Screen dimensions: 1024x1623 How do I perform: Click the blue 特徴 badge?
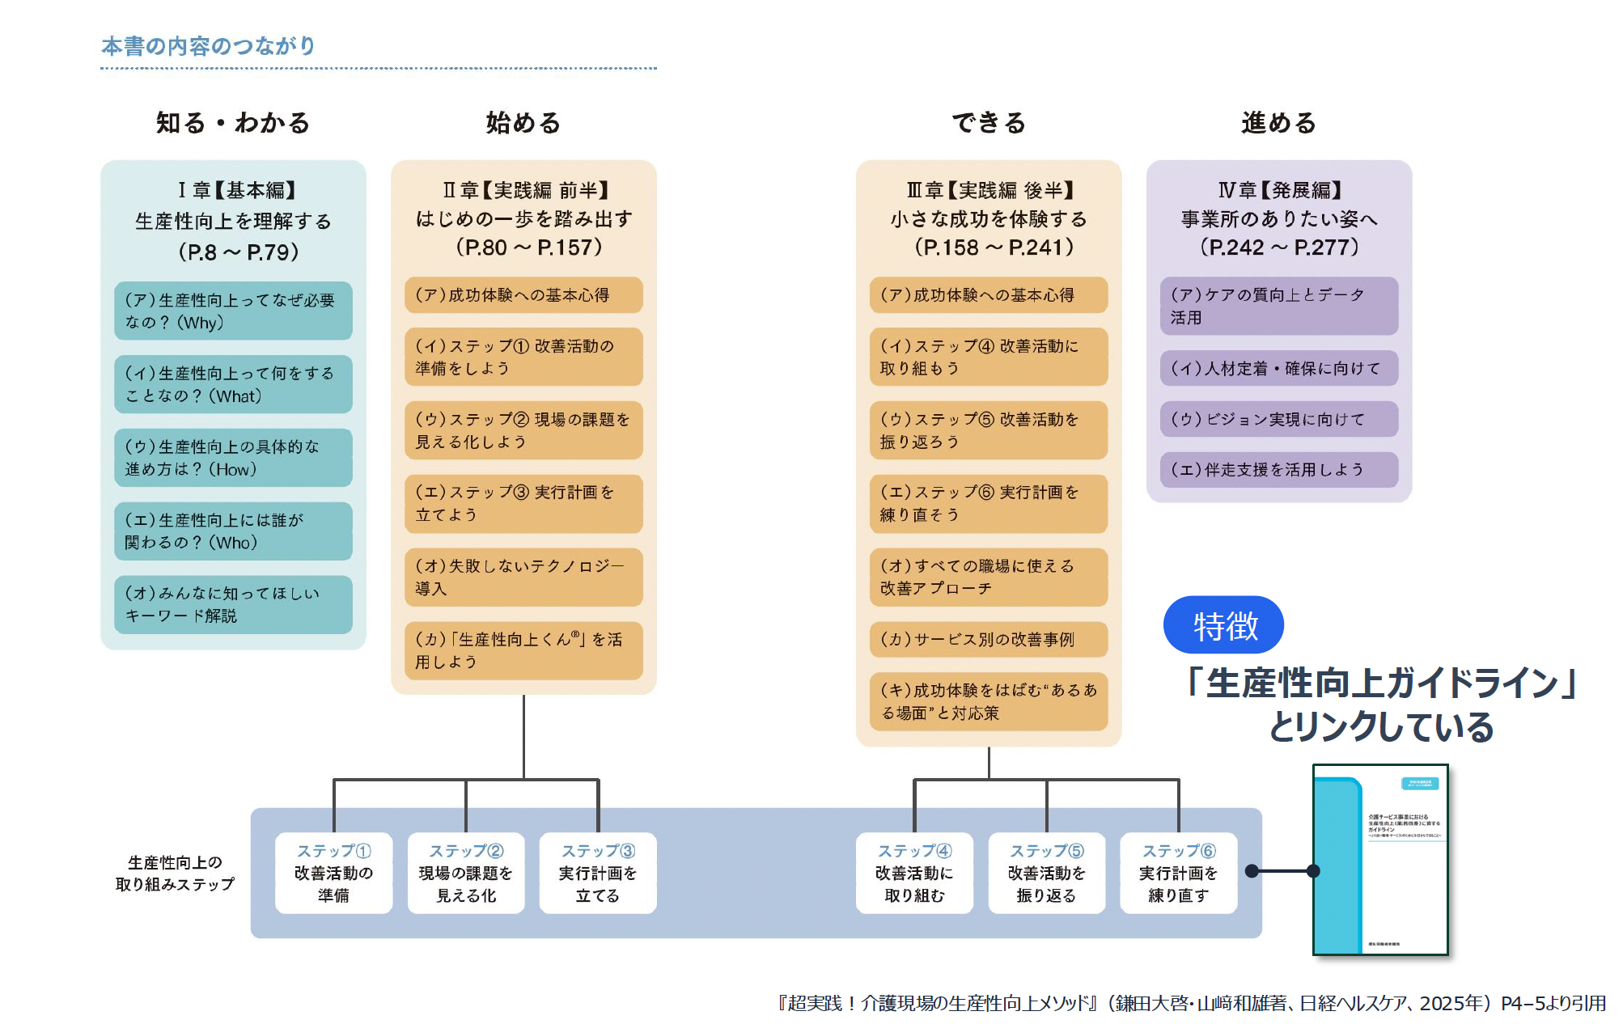pos(1223,625)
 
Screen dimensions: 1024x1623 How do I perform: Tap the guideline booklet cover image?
pos(1380,860)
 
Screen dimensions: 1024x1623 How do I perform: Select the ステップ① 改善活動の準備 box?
pos(333,874)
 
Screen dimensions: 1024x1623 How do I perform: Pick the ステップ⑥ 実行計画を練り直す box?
pos(1178,874)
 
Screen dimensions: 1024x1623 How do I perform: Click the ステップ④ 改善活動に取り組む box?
pos(914,874)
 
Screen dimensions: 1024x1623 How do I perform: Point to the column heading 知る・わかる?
pos(233,123)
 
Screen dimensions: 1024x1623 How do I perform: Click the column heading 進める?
pos(1278,123)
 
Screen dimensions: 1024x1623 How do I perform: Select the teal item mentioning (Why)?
pos(233,311)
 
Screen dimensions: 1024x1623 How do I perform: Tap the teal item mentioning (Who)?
pos(233,531)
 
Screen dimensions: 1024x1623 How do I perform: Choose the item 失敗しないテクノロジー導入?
pos(523,578)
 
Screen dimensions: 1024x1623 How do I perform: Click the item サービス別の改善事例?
pos(988,640)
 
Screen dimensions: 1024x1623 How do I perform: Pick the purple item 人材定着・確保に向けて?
pos(1278,369)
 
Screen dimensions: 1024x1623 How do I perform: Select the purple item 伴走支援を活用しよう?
pos(1278,470)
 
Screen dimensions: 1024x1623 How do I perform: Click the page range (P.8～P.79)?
pos(238,252)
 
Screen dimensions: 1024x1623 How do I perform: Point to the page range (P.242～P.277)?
pos(1278,248)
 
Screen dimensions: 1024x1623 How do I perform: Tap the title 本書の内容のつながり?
pos(208,46)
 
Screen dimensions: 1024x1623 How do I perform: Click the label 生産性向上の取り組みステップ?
pos(175,874)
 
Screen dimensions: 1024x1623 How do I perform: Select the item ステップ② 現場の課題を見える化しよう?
pos(523,430)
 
